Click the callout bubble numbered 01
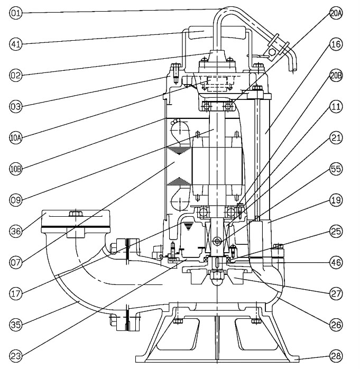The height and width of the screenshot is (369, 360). [x=15, y=12]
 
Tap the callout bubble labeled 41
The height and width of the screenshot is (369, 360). [x=15, y=44]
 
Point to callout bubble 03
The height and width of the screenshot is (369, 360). [x=15, y=106]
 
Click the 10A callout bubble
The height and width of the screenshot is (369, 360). [x=15, y=138]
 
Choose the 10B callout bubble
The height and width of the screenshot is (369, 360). [x=15, y=169]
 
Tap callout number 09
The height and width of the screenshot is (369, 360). [x=15, y=200]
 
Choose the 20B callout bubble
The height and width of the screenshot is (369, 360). [x=336, y=76]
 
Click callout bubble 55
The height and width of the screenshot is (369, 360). [x=336, y=169]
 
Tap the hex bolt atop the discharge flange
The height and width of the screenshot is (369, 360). [x=76, y=214]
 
